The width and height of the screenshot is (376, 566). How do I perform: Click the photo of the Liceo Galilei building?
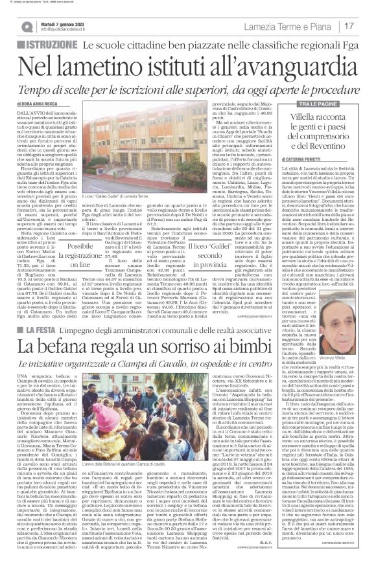coord(126,144)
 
